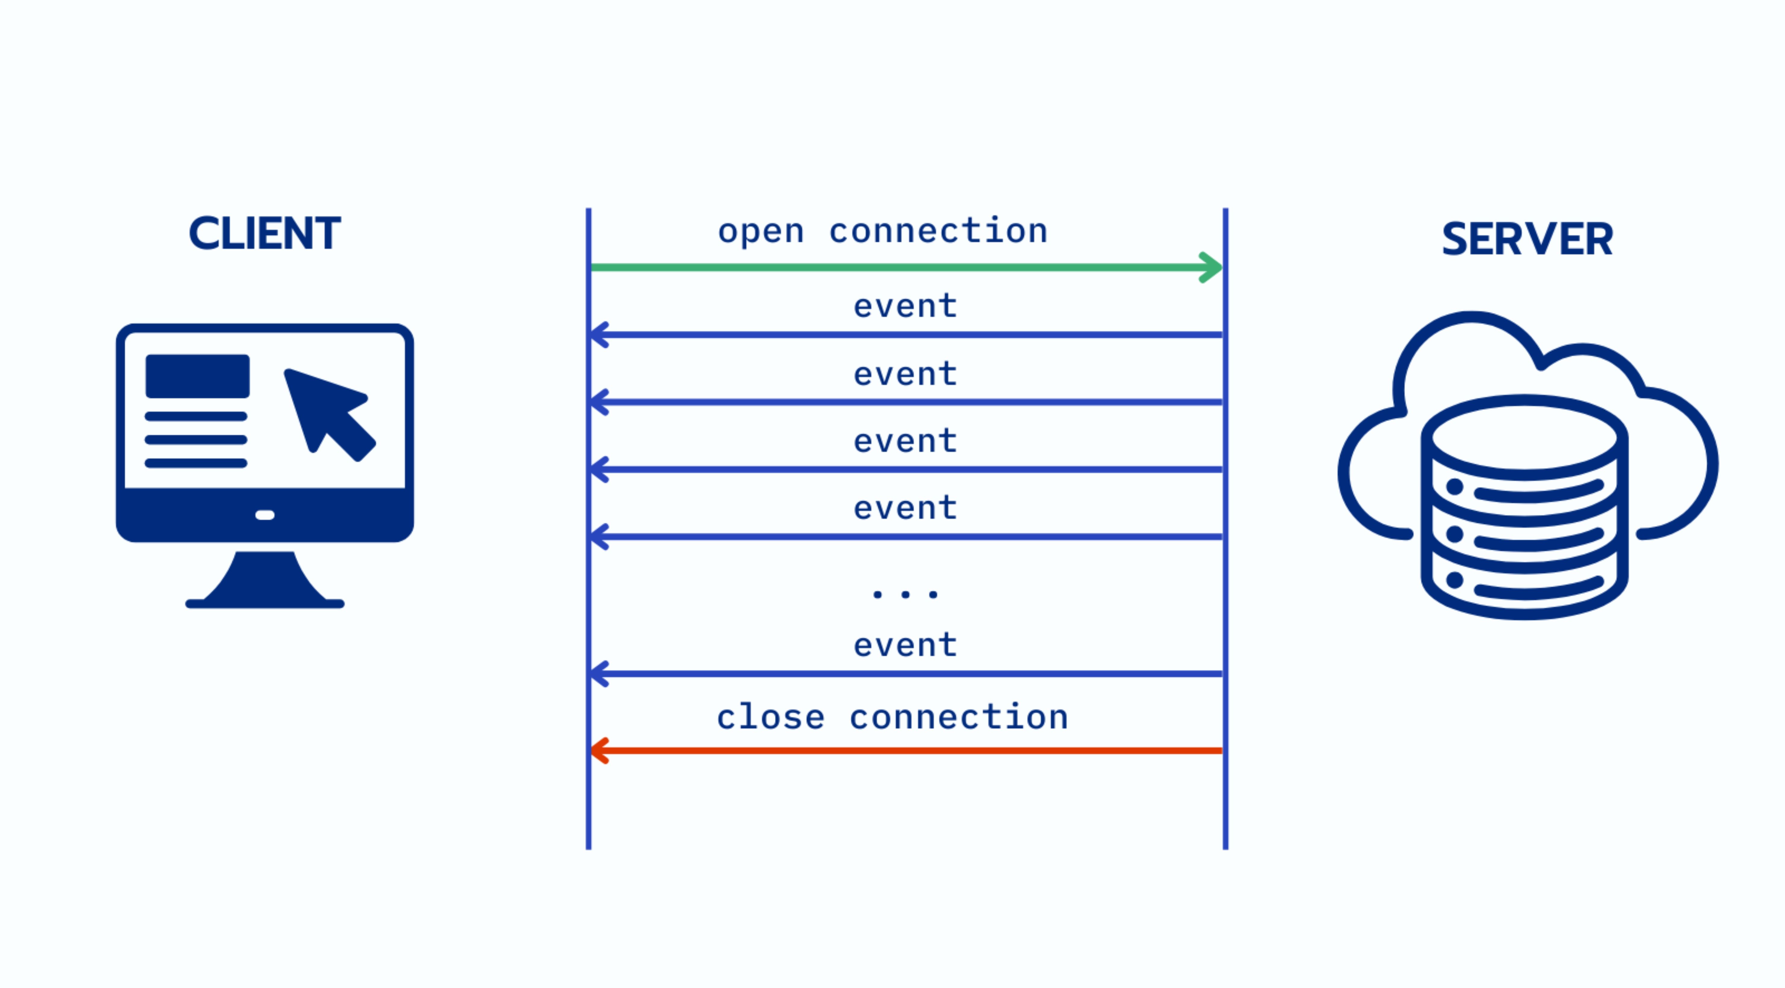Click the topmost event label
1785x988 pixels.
point(905,306)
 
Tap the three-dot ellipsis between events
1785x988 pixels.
point(905,594)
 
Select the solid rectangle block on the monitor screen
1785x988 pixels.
point(198,376)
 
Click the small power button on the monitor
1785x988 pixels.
point(265,515)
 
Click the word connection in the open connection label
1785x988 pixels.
point(938,231)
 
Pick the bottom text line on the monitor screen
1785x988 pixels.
point(196,463)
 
